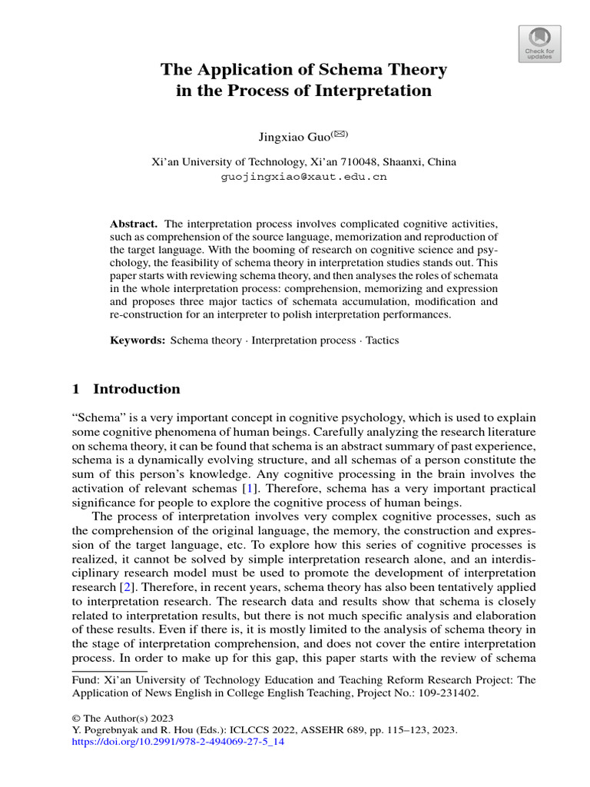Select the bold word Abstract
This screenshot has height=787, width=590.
click(133, 222)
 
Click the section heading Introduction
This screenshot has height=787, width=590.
click(137, 389)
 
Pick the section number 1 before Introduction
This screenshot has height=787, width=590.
click(76, 389)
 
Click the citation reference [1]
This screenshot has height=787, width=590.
click(248, 489)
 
